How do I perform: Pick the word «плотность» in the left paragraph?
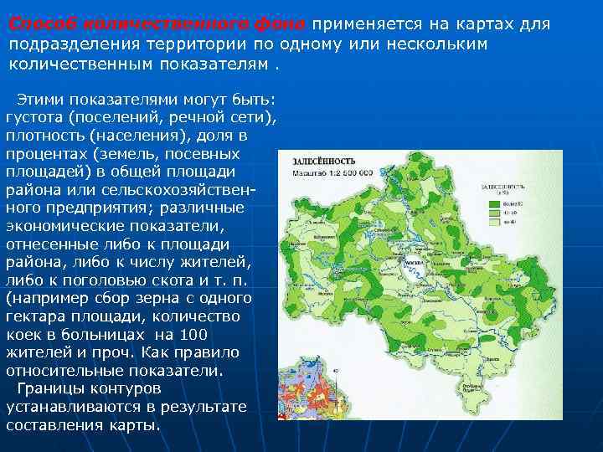pos(45,135)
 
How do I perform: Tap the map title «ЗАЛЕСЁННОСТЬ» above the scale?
pos(324,159)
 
